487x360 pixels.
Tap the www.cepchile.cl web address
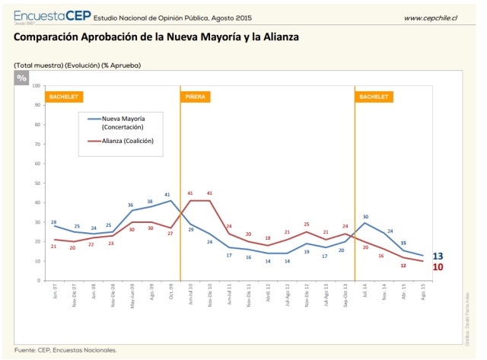click(430, 18)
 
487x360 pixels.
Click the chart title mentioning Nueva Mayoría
click(156, 37)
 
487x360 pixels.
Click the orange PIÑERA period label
click(193, 97)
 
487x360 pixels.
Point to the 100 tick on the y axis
click(36, 85)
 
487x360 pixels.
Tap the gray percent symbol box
click(21, 78)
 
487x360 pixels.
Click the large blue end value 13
click(438, 256)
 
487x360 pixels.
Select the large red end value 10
click(438, 267)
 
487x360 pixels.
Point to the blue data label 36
click(131, 205)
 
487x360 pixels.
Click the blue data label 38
click(150, 201)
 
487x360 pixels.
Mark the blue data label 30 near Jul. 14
click(365, 217)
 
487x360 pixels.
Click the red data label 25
click(306, 225)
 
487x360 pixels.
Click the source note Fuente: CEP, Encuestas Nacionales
click(65, 350)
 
